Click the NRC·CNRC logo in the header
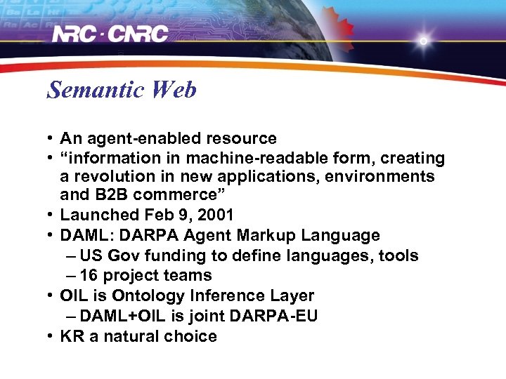pos(111,34)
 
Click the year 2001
pos(214,215)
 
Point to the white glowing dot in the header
pos(423,41)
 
